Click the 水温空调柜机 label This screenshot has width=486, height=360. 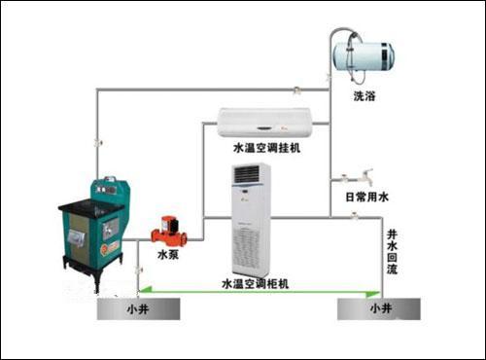(x=262, y=282)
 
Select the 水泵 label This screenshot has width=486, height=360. (x=167, y=255)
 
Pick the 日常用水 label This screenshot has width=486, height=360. (x=366, y=198)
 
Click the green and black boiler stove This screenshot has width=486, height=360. (x=92, y=229)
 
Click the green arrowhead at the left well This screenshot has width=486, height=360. (x=143, y=290)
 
